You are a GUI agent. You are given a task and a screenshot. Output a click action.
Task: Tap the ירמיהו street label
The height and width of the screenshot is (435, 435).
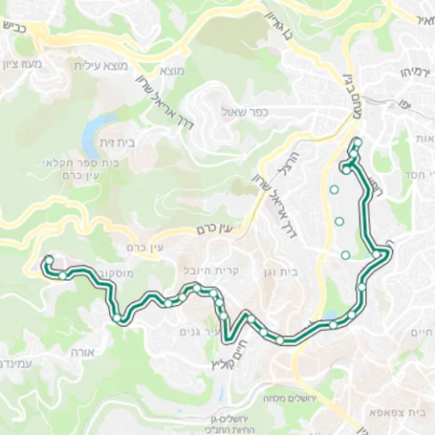[409, 73]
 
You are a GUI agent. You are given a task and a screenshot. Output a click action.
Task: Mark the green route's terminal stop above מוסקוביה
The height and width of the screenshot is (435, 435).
[49, 260]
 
